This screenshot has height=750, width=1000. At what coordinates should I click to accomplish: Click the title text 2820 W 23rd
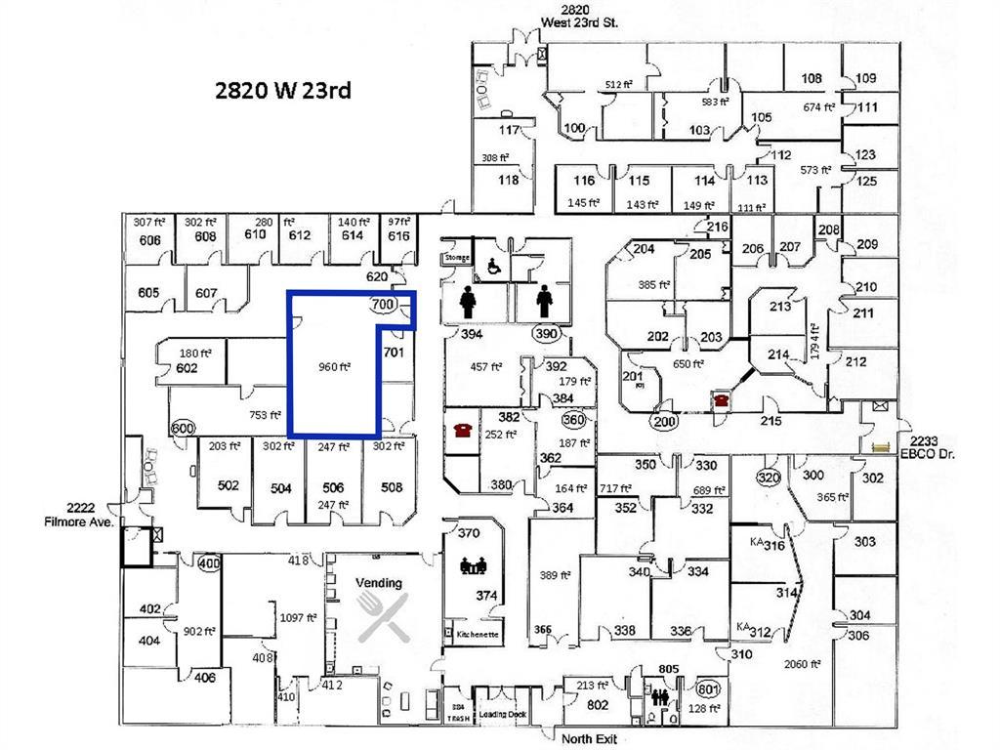point(282,91)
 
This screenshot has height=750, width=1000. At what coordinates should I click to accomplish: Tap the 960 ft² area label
point(334,367)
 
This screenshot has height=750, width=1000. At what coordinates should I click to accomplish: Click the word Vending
point(379,583)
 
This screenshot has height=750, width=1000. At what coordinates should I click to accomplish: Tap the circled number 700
point(384,305)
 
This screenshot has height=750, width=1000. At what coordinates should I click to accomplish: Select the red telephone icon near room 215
point(721,399)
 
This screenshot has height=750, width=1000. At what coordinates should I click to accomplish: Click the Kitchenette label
point(478,635)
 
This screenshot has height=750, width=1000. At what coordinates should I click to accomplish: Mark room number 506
point(333,486)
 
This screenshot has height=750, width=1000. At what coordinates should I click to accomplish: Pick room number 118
point(509,180)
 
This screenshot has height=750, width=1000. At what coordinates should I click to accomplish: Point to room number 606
point(149,239)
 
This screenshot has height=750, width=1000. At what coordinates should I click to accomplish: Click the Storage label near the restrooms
point(457,258)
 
